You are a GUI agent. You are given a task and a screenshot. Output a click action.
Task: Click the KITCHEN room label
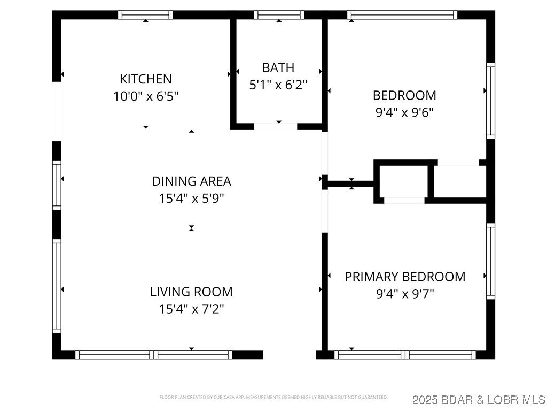[x=146, y=79]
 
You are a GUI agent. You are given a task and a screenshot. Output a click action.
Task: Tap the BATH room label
[x=278, y=67]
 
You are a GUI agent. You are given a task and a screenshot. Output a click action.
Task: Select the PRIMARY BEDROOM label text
[x=405, y=277]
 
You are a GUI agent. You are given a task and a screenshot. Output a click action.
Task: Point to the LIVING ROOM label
[x=191, y=292]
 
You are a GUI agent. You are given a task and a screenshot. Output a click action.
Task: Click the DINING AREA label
[x=191, y=181]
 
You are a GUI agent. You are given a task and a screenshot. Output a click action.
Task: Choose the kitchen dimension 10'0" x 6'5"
[x=146, y=96]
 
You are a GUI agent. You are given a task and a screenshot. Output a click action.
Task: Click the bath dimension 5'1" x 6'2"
[x=278, y=85]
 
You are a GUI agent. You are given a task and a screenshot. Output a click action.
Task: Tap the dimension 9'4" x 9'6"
[x=404, y=112]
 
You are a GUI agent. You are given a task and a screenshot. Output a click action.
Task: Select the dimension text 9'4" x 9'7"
[x=404, y=294]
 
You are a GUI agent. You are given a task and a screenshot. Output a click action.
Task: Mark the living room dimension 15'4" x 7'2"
[x=191, y=309]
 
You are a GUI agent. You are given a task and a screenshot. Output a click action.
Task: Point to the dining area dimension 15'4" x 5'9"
[x=191, y=199]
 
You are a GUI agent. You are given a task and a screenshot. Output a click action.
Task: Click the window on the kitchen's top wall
[x=145, y=15]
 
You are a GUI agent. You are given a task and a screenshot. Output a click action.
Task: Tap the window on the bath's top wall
[x=279, y=15]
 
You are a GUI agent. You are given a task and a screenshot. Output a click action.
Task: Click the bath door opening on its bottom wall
[x=275, y=126]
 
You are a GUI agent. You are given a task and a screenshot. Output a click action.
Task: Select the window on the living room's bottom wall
[x=154, y=354]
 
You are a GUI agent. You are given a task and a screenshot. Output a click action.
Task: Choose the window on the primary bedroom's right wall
[x=490, y=261]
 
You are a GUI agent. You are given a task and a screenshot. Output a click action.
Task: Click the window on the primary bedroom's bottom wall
[x=405, y=354]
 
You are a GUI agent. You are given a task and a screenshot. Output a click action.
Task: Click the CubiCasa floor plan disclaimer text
[x=273, y=398]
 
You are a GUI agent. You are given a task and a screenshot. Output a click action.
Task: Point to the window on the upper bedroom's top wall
[x=402, y=15]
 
